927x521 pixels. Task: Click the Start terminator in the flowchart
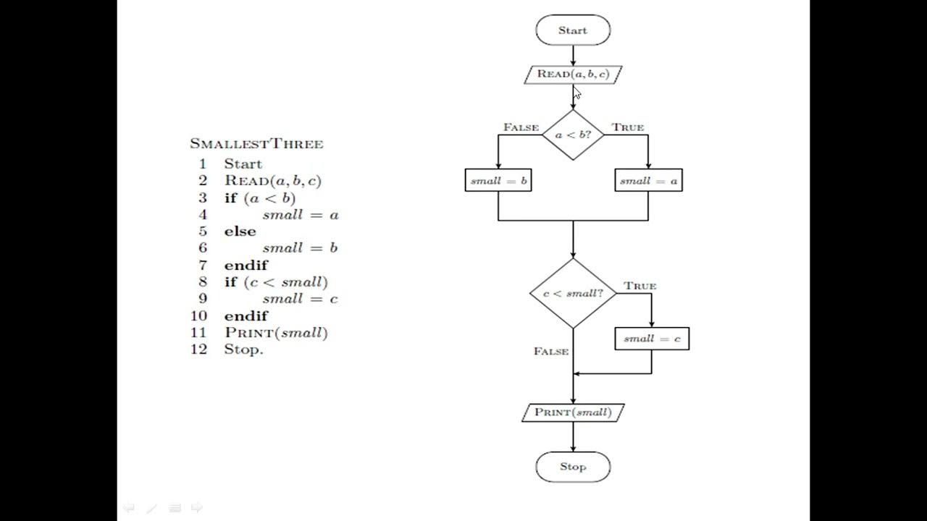(573, 30)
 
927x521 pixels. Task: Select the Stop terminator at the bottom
(573, 467)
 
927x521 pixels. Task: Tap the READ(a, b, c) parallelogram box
(573, 74)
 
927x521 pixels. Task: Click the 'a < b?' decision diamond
(573, 135)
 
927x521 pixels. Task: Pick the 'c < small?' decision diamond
(573, 294)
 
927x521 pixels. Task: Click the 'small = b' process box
(498, 181)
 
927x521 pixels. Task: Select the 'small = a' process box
(648, 181)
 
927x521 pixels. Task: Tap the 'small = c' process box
(652, 339)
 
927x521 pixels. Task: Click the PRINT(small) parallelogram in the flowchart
(573, 412)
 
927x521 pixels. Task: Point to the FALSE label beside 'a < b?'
(521, 127)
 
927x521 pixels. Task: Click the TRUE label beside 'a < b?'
(627, 127)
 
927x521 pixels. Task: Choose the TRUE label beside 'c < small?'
(639, 286)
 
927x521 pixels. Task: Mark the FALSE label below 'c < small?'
(551, 351)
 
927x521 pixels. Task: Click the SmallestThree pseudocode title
(256, 144)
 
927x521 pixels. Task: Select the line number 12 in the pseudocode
(199, 350)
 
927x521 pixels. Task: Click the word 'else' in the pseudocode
(240, 232)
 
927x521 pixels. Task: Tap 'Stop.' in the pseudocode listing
(243, 350)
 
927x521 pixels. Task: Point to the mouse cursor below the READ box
(576, 93)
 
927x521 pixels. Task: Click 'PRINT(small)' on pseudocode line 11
(276, 333)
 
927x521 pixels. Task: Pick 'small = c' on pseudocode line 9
(300, 299)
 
